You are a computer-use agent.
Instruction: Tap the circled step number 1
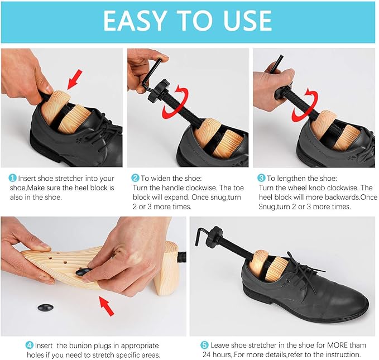pos(12,178)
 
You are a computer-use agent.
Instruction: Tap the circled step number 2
pos(135,178)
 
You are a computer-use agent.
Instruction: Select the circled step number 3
pos(261,178)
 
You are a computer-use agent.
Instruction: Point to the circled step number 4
pos(29,345)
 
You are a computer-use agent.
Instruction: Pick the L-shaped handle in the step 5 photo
pos(210,233)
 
